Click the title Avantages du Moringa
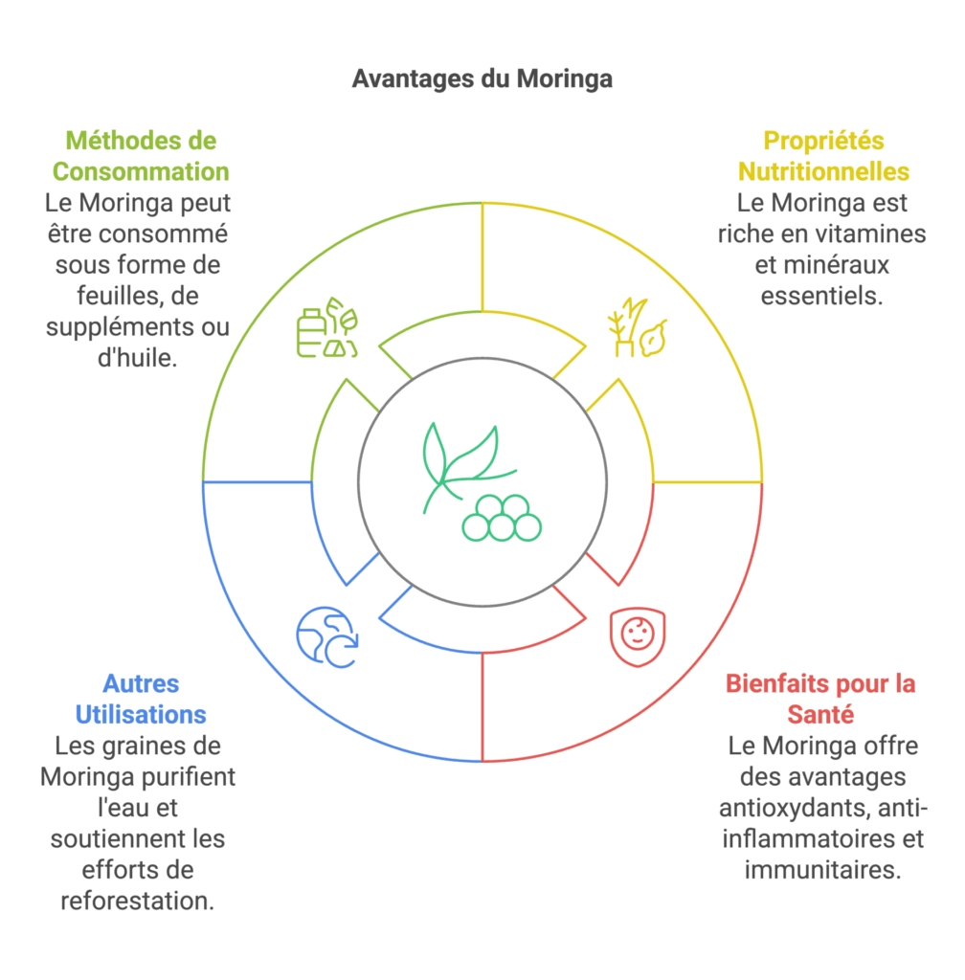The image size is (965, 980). tap(482, 79)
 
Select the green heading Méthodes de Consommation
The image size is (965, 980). tap(141, 156)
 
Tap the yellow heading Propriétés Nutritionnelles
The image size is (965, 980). tap(823, 156)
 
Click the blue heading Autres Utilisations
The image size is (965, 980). tap(141, 699)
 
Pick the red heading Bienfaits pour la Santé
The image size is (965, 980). tap(820, 699)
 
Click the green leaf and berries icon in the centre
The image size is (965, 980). tap(482, 482)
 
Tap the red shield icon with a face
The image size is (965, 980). tap(638, 636)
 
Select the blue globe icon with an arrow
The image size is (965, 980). tap(326, 636)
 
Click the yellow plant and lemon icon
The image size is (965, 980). tap(638, 327)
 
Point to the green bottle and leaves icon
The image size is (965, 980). tap(326, 327)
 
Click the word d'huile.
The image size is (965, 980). tap(138, 358)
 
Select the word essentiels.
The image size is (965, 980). tap(821, 296)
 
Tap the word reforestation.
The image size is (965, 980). tap(138, 901)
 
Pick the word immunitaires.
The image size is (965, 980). tap(822, 869)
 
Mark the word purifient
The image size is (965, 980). tap(190, 777)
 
